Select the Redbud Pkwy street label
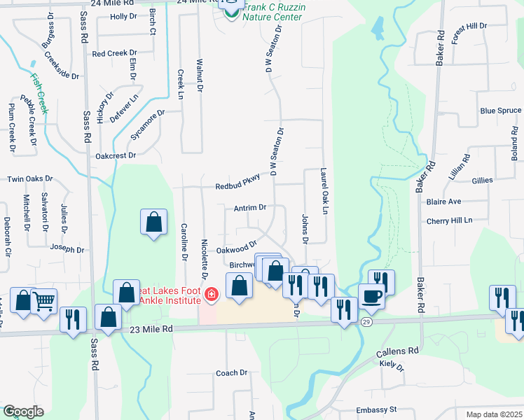pos(237,181)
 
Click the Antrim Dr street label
pos(250,208)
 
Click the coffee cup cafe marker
pos(371,295)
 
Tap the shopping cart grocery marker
pos(44,301)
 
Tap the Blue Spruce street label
pos(500,111)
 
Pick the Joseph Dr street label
pos(67,248)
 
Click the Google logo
pos(23,412)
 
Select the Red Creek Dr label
pos(113,53)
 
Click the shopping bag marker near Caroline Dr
pos(153,223)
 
